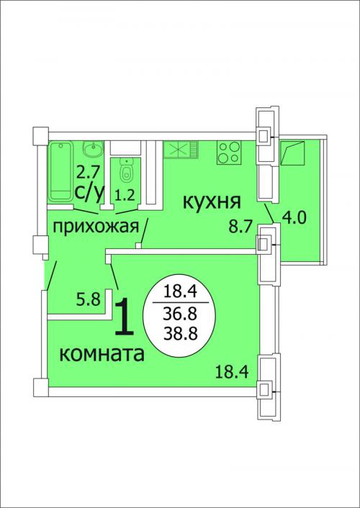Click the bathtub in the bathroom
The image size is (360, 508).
(60, 171)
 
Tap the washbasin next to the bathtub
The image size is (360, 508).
(94, 149)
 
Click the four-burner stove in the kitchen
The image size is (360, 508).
(229, 152)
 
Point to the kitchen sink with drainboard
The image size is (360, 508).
(181, 149)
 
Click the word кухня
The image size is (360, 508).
(212, 202)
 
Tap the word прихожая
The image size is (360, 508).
(96, 227)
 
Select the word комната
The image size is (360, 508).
(102, 354)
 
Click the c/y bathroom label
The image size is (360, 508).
(89, 193)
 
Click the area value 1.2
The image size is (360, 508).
(125, 196)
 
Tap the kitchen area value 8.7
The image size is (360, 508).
(240, 227)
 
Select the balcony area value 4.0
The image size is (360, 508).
(294, 218)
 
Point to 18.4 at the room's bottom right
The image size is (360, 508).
(232, 371)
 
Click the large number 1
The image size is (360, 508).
(125, 317)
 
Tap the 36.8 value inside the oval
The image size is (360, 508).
(181, 314)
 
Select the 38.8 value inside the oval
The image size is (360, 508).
(181, 333)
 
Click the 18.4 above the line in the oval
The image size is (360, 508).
(180, 292)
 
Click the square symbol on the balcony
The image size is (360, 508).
(293, 153)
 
